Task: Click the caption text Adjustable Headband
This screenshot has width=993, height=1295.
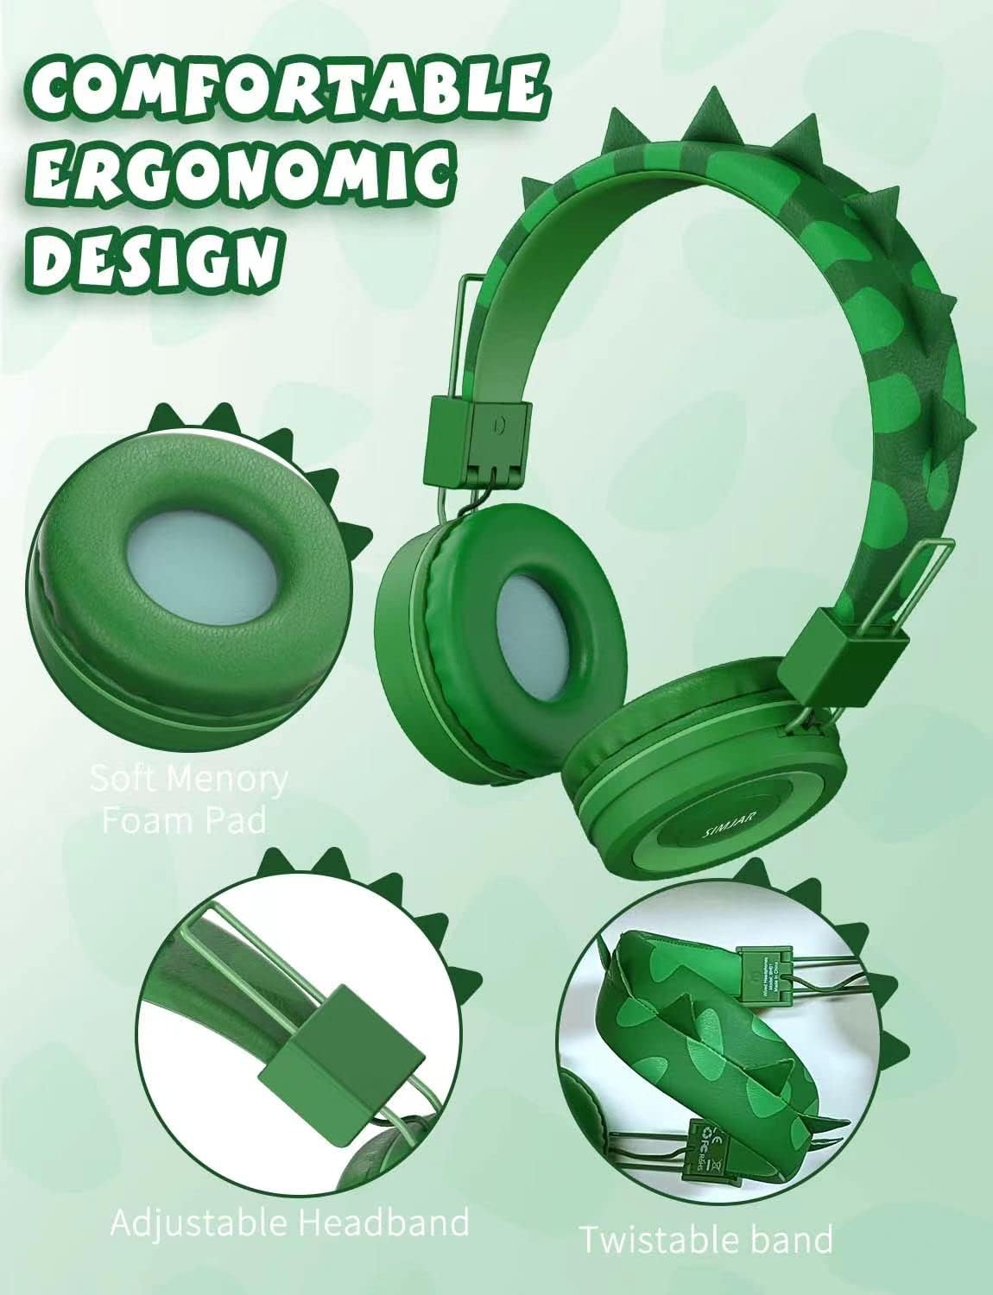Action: (290, 1222)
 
